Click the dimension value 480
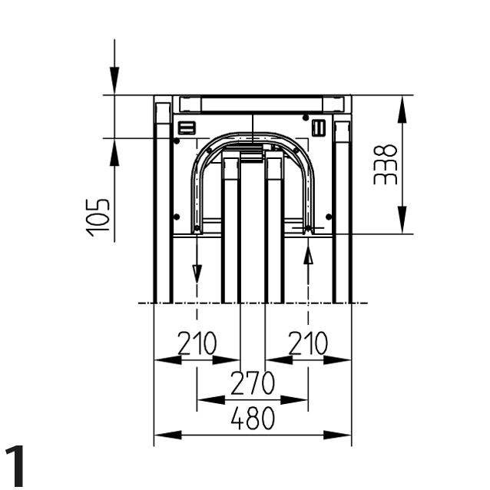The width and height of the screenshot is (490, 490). coord(253,419)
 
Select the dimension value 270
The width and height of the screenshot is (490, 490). coord(253,382)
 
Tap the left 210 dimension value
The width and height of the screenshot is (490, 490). coord(197,343)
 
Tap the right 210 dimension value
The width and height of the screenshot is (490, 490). coord(308,343)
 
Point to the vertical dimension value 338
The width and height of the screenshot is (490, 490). coord(386,164)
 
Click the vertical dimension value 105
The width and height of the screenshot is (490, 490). coord(98,217)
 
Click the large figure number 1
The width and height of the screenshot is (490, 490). coord(15,465)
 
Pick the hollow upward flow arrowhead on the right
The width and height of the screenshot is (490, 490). coord(309,255)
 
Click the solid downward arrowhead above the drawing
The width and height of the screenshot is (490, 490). coord(114,81)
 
